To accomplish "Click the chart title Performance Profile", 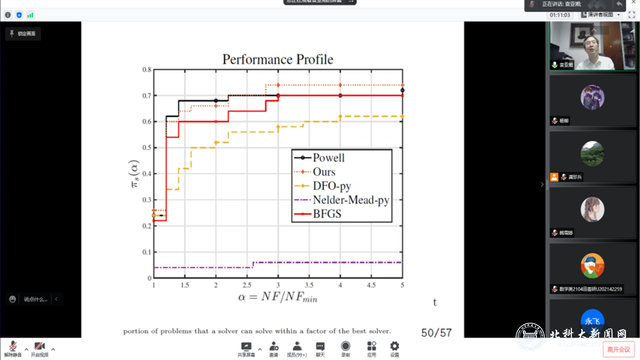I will (278, 59).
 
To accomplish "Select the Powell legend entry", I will (329, 158).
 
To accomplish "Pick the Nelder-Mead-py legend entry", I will (350, 201).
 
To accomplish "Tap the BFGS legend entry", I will (327, 214).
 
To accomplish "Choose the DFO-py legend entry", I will (331, 186).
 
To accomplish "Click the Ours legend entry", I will (324, 172).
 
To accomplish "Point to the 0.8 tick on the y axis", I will (146, 70).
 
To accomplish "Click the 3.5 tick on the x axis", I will (309, 285).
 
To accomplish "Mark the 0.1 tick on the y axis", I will (146, 252).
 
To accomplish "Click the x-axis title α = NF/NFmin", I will (278, 297).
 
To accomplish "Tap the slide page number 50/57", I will (437, 333).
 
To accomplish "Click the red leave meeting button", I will (618, 349).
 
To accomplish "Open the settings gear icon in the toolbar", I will (394, 346).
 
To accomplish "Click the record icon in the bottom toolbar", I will (346, 346).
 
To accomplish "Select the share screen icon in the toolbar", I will (246, 346).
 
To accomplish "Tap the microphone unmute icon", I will (13, 346).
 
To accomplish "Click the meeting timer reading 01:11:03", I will (561, 15).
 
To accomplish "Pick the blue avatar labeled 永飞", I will (593, 321).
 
